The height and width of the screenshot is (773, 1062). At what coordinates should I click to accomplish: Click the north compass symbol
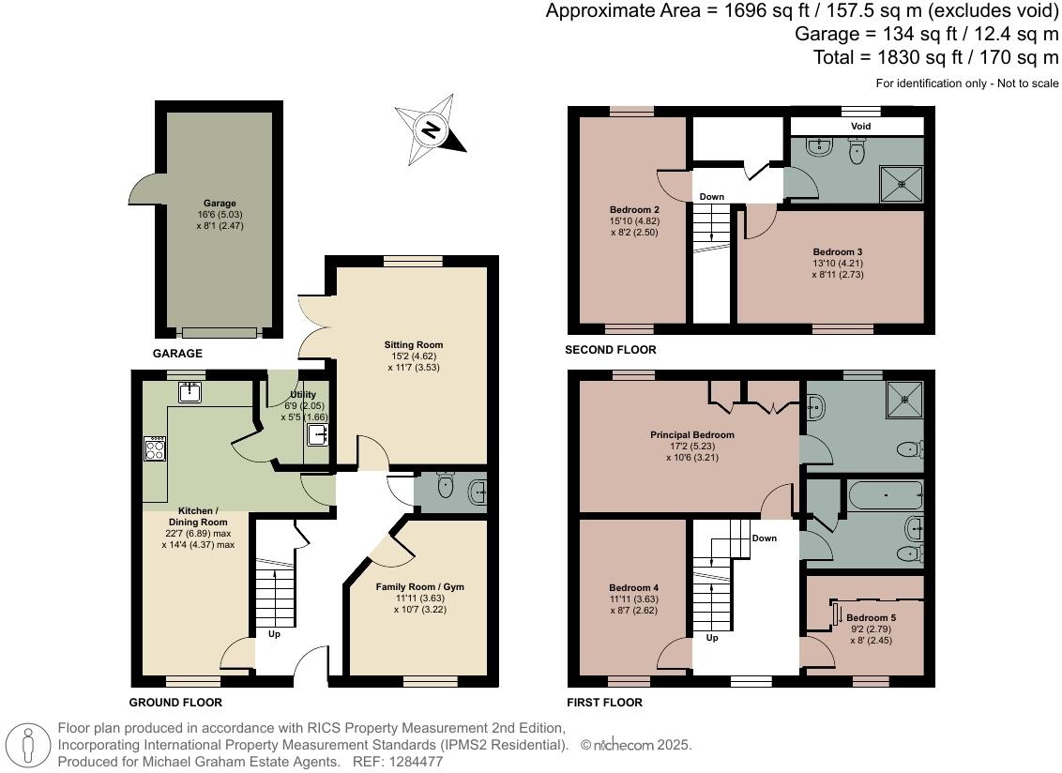431,129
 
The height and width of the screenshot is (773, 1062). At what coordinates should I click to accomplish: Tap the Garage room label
220,204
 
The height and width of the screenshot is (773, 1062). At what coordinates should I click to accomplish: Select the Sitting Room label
413,345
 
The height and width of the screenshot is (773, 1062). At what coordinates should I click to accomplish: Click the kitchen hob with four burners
155,449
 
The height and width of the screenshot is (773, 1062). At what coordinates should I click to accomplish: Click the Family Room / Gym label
420,586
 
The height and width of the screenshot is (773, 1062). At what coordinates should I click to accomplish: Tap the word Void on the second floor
861,126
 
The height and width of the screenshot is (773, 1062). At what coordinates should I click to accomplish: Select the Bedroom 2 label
634,210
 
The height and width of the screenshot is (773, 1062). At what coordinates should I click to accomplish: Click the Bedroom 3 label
838,252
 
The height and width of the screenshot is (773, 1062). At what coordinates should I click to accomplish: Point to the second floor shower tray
901,183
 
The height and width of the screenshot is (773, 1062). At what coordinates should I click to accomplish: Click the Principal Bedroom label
692,435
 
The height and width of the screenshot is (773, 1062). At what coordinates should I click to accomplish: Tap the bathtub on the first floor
886,496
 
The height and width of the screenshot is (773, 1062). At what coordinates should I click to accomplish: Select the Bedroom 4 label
633,588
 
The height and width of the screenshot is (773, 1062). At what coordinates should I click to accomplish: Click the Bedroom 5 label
871,618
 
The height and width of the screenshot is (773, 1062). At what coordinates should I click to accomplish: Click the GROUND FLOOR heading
175,703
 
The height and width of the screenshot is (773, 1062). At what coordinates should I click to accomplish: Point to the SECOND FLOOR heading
610,350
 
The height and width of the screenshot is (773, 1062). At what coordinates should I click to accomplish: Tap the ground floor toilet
446,486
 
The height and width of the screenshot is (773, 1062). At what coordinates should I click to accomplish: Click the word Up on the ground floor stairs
274,634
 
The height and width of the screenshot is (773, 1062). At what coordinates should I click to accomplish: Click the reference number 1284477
416,762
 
